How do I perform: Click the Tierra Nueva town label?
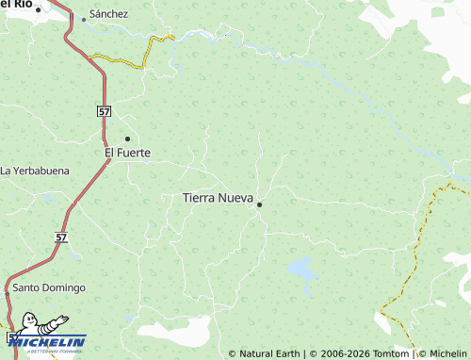217,198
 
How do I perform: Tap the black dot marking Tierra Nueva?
259,205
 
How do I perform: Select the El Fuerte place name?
127,152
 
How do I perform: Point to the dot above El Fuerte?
127,139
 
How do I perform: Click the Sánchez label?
108,15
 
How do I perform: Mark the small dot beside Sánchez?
83,18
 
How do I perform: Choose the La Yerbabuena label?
35,171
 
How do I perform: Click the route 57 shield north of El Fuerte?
104,111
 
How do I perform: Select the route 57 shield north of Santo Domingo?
61,238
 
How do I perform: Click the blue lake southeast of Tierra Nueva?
301,268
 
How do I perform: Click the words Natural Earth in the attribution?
269,353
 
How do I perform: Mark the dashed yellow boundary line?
414,254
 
